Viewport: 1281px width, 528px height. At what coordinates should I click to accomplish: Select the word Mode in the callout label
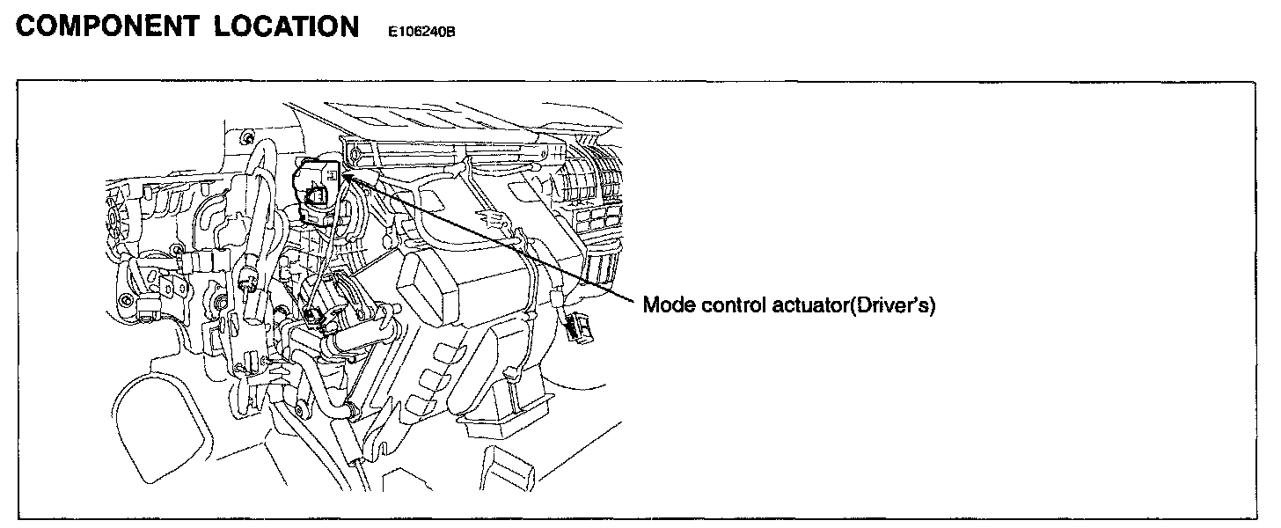click(667, 305)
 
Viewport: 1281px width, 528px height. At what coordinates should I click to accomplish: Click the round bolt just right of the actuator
click(354, 156)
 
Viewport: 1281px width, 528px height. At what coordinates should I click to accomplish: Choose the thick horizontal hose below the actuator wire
click(352, 338)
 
